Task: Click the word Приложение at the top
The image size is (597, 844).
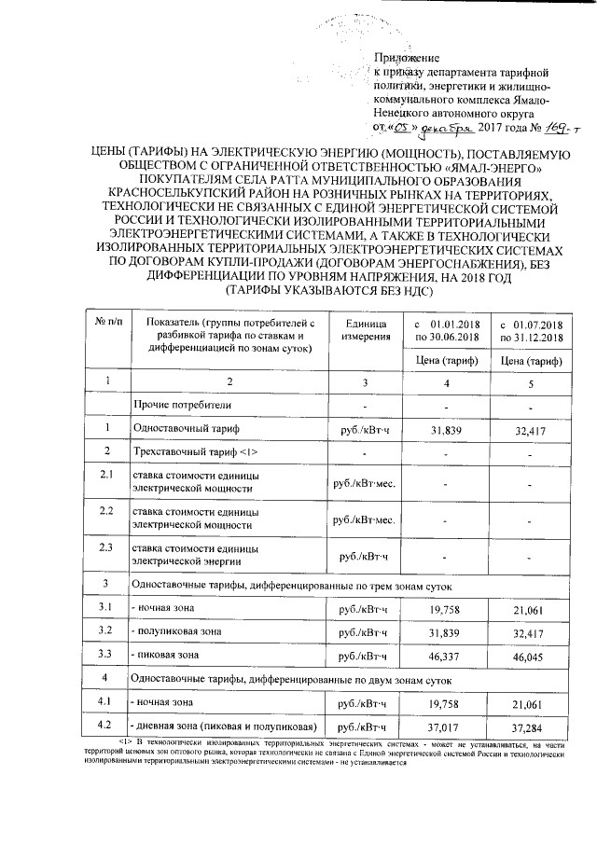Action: coord(406,58)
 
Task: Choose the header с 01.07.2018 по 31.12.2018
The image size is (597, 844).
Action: coord(532,328)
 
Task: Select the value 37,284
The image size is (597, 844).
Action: coord(532,726)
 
